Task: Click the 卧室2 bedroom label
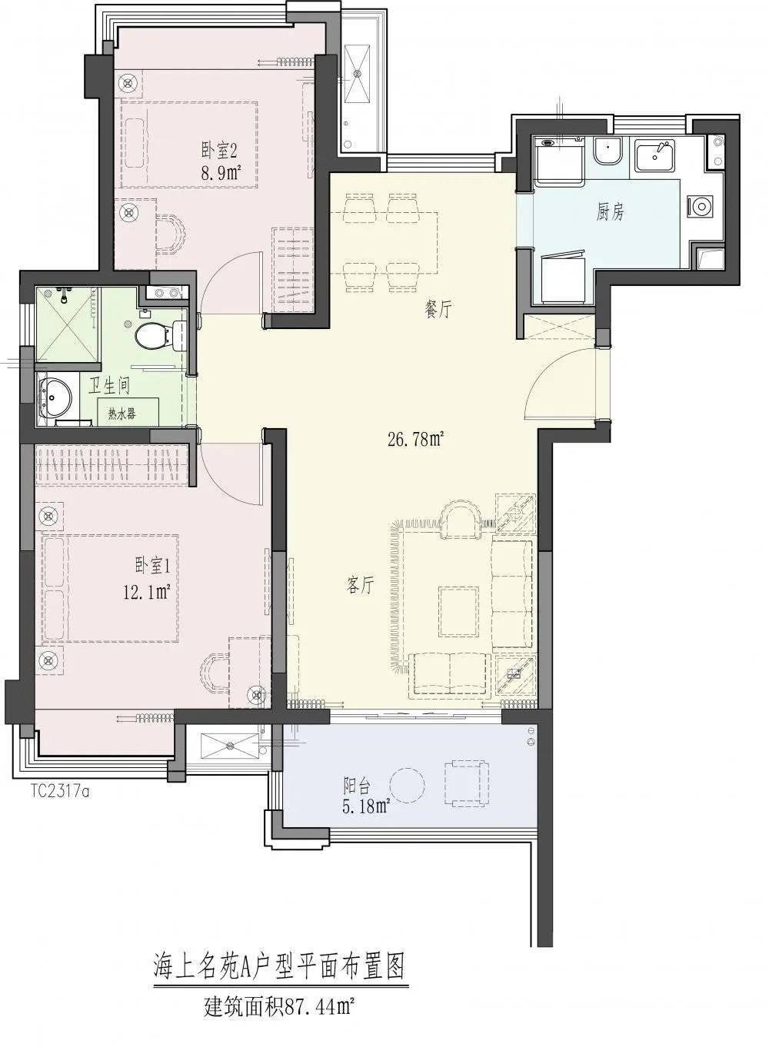[x=220, y=151]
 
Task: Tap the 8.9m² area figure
[x=221, y=173]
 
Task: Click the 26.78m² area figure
[x=415, y=440]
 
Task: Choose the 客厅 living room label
[x=361, y=585]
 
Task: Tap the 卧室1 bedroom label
[x=152, y=567]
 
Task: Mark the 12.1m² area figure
[x=146, y=593]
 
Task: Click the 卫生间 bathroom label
[x=109, y=386]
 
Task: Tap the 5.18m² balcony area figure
[x=365, y=807]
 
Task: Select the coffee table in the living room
[x=458, y=611]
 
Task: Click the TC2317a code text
[x=59, y=793]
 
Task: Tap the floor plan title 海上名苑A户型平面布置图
[x=278, y=966]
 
